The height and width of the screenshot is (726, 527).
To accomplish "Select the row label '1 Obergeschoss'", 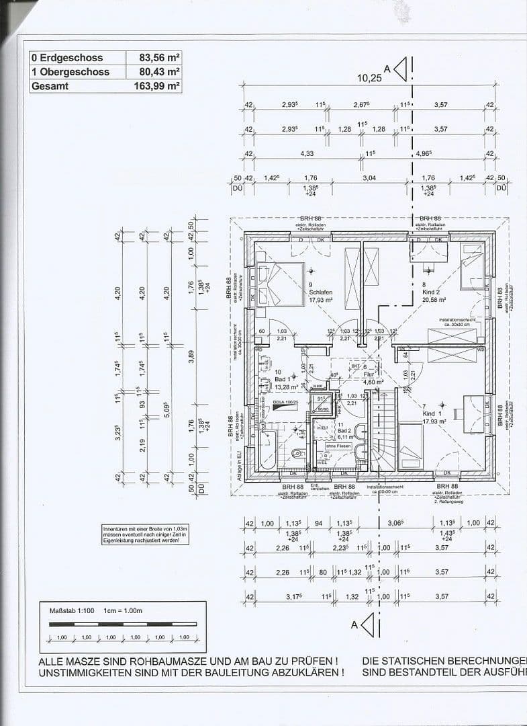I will (x=62, y=72).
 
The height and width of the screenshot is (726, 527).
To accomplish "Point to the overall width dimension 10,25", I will (x=369, y=78).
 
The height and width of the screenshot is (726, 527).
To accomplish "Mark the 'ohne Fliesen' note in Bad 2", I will (x=338, y=446).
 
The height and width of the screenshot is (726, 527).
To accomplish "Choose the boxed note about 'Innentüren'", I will (x=141, y=534).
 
